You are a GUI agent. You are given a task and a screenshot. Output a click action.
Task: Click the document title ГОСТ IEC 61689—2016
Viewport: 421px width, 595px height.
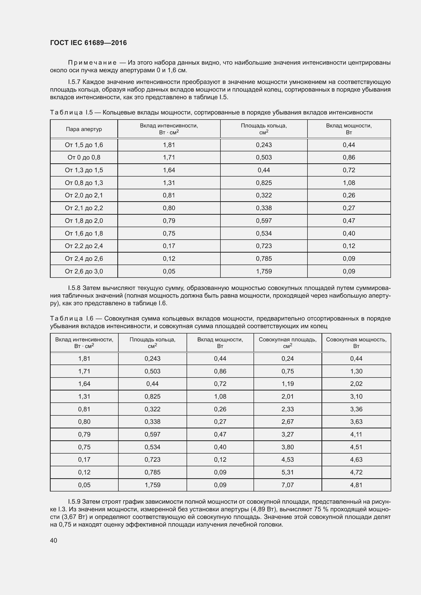pyautogui.click(x=88, y=43)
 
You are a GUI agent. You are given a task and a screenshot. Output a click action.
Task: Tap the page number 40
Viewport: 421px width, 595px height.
pyautogui.click(x=54, y=540)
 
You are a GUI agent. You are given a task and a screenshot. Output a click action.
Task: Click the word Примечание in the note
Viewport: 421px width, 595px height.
pyautogui.click(x=92, y=63)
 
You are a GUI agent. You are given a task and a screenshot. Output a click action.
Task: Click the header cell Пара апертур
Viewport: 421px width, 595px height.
pyautogui.click(x=84, y=129)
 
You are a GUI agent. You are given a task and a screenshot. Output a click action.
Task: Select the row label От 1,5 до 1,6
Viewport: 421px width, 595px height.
pyautogui.click(x=84, y=145)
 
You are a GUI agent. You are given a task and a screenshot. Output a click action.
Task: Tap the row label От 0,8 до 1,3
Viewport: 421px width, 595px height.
pyautogui.click(x=84, y=183)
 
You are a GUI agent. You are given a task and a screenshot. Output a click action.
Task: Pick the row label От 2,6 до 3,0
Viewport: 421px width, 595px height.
pyautogui.click(x=84, y=271)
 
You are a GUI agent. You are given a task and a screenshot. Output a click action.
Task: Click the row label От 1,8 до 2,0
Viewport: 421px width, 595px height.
pyautogui.click(x=84, y=221)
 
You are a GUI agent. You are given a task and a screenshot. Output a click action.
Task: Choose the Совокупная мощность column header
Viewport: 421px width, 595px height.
pyautogui.click(x=356, y=343)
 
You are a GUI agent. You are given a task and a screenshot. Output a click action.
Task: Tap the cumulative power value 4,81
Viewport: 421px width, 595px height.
pyautogui.click(x=356, y=485)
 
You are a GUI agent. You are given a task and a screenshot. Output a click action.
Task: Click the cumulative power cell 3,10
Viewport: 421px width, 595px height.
pyautogui.click(x=356, y=397)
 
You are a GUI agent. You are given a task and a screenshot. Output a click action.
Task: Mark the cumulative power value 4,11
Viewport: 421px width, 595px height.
pyautogui.click(x=356, y=434)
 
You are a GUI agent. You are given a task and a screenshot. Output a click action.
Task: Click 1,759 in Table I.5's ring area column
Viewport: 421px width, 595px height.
pyautogui.click(x=264, y=271)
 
